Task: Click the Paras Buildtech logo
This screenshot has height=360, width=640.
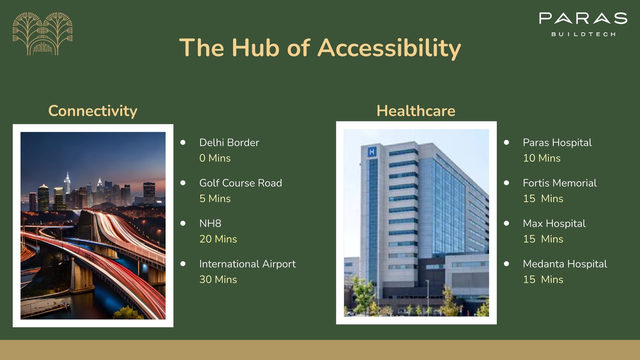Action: point(583,24)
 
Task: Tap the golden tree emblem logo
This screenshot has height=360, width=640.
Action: point(42,34)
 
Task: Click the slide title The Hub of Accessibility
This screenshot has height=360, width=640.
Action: point(320,48)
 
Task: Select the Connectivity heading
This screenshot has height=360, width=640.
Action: point(93,111)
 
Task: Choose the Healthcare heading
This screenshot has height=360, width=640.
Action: point(416,110)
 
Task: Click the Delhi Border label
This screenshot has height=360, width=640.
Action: point(229,142)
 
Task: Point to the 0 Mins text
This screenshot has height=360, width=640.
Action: point(215,158)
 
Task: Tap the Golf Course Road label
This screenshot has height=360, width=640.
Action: point(240,183)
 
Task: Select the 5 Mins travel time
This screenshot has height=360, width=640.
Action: point(215,198)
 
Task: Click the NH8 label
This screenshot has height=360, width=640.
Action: point(210,224)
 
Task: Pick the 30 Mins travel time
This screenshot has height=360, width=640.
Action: point(218,280)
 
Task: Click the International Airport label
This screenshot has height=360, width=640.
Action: point(248,264)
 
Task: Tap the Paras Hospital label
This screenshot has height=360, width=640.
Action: point(557,142)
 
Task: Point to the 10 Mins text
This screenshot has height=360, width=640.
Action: point(542,158)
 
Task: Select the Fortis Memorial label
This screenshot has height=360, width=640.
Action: point(560,183)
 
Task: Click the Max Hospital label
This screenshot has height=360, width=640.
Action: point(554,224)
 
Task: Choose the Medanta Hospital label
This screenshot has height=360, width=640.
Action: point(565,264)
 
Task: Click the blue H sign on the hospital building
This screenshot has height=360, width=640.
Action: point(372,152)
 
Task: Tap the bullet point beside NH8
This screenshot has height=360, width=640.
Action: point(183,223)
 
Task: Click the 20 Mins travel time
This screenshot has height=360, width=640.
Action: point(218,239)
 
